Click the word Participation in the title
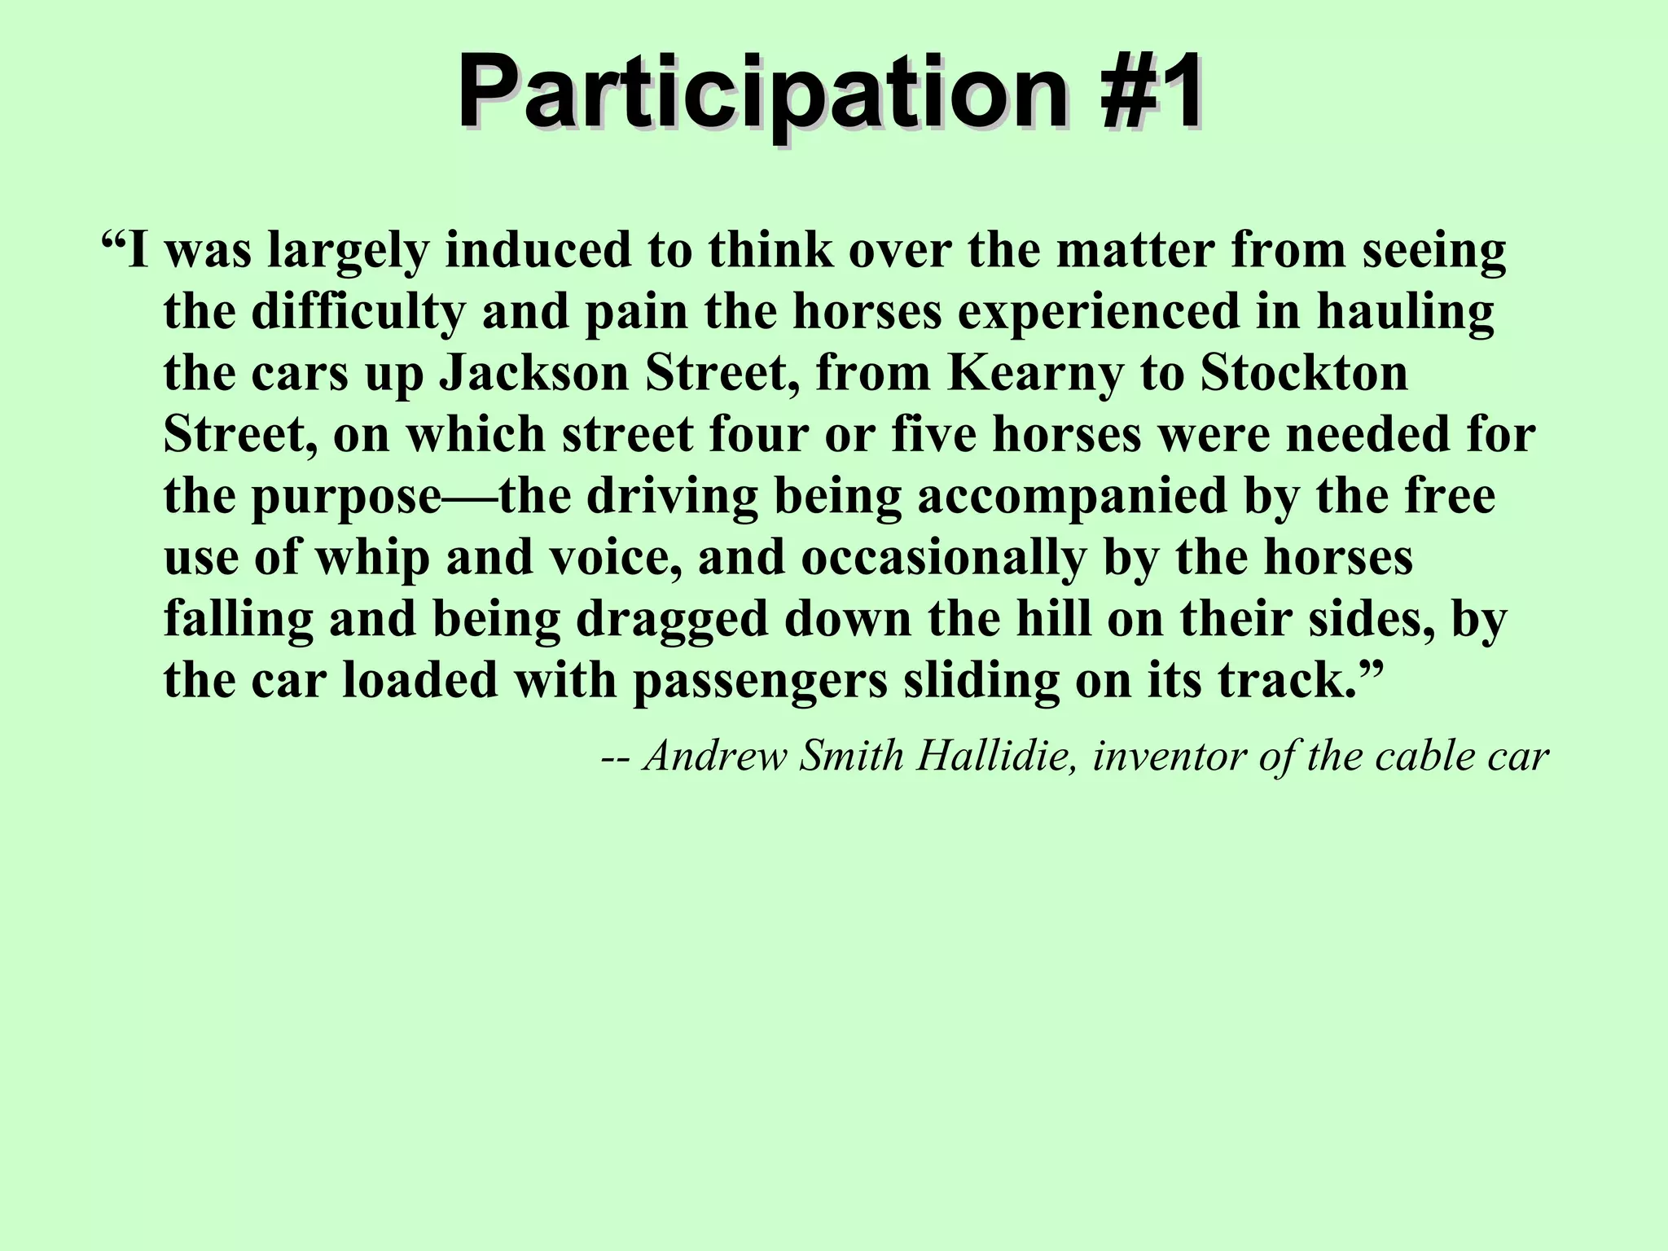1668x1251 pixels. (762, 96)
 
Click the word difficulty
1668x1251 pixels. (358, 314)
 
